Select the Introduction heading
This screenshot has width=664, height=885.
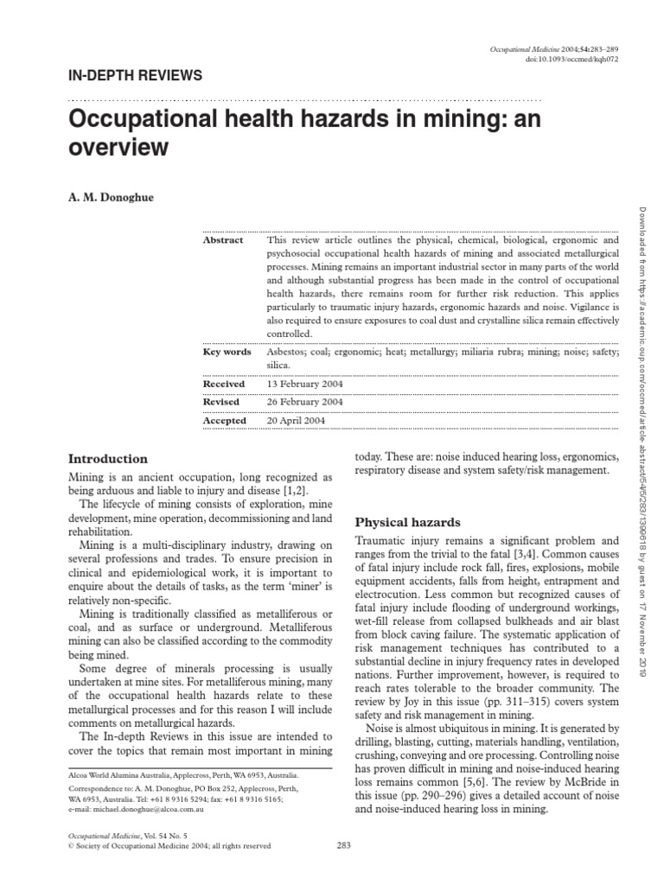108,459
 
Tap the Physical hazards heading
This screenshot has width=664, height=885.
408,522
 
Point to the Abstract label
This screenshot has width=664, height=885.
223,240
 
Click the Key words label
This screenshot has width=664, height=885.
227,352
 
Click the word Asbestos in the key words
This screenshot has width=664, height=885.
287,352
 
